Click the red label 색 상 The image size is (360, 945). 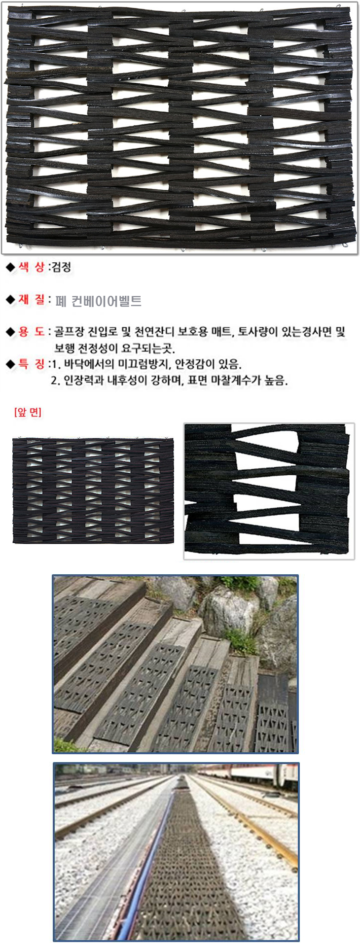coord(32,268)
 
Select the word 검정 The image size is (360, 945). coord(62,268)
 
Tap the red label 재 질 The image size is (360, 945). coord(32,300)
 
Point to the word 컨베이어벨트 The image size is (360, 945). coord(107,301)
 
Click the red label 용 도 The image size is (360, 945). coord(32,332)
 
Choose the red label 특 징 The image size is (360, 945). coord(32,364)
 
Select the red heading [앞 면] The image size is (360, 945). coord(28,412)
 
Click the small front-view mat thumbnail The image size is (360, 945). coord(93,490)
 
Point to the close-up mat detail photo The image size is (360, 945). coord(269,491)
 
